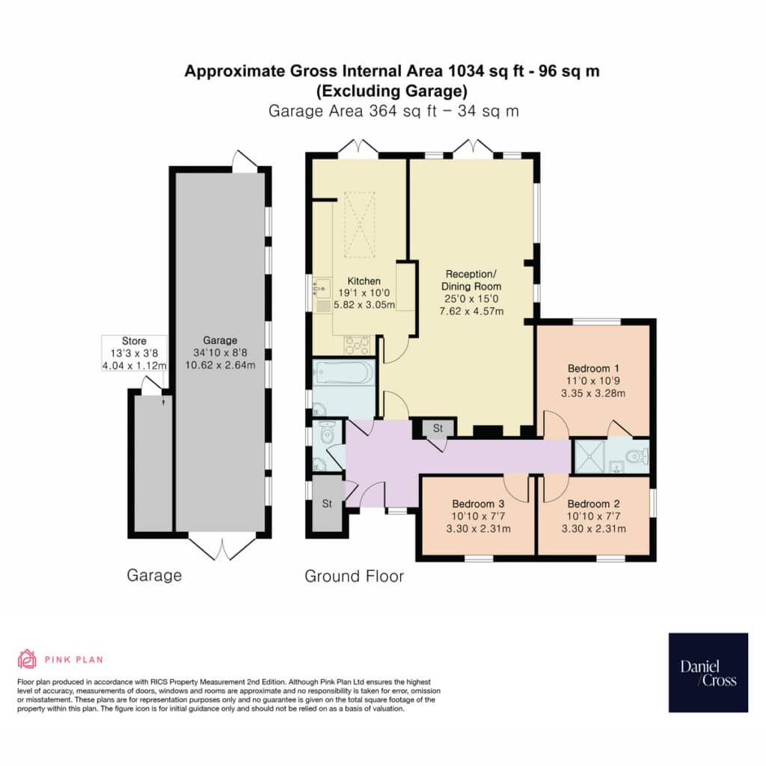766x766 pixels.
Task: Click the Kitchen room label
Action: [364, 281]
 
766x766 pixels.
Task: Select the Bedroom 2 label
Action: [593, 503]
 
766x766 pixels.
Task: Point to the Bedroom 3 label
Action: [478, 503]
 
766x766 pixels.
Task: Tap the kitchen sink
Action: [322, 289]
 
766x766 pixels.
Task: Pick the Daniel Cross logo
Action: [708, 672]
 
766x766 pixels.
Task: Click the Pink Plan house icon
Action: [27, 659]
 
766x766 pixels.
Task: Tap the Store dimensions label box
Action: [135, 353]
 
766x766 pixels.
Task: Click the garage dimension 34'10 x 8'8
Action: [220, 353]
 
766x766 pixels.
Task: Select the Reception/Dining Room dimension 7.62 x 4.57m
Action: [471, 311]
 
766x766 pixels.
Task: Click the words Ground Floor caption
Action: [354, 577]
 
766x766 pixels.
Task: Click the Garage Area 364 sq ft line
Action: [393, 111]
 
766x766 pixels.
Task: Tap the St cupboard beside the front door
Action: [328, 503]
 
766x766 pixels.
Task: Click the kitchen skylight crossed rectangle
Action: [360, 224]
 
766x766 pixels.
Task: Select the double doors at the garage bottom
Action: [222, 548]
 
